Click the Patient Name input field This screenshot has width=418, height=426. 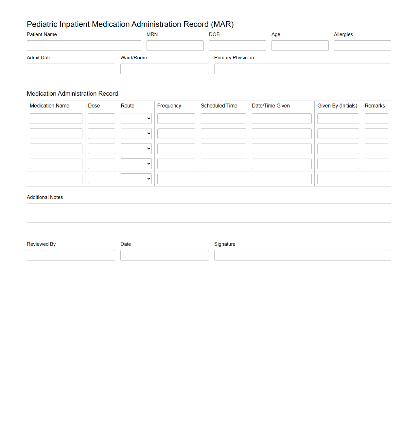pos(84,46)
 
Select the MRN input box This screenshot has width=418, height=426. pos(175,46)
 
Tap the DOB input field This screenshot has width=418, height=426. pos(237,46)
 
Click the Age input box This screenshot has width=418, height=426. pos(300,46)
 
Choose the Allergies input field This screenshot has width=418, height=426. pos(362,46)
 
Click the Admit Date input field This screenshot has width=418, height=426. pos(71,69)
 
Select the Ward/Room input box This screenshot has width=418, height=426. pos(165,69)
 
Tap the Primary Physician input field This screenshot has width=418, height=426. pos(303,69)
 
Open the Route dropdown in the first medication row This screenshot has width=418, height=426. pos(136,119)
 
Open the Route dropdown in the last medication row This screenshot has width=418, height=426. pos(136,179)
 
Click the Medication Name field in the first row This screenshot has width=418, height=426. pos(56,119)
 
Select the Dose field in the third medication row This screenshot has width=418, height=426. pos(101,149)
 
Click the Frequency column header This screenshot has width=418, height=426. pos(169,106)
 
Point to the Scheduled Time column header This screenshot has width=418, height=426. pos(219,106)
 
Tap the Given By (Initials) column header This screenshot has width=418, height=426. pos(337,106)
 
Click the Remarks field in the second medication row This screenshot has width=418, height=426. pos(376,134)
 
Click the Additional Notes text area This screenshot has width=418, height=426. pos(209,213)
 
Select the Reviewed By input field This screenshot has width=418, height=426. pos(71,255)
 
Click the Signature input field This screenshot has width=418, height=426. pos(303,255)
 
